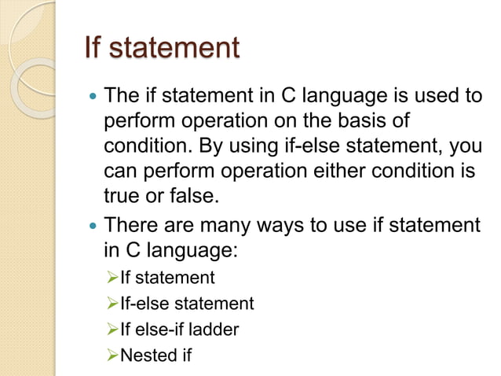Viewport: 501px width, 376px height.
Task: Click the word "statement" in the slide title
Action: coord(174,48)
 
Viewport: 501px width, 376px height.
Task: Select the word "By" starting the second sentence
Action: coord(211,147)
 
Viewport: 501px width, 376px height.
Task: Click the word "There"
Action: coord(131,227)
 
